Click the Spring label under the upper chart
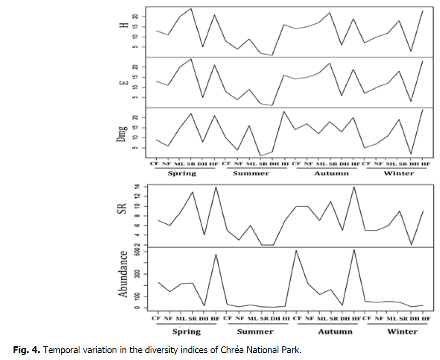(182, 173)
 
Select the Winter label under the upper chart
(399, 173)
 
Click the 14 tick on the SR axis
(138, 187)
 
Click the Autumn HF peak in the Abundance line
(354, 250)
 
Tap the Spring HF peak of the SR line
(215, 187)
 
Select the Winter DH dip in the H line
(411, 51)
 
